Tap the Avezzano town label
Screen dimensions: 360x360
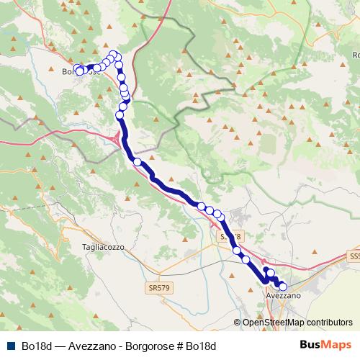pyautogui.click(x=283, y=295)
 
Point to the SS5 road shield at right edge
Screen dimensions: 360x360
pyautogui.click(x=354, y=256)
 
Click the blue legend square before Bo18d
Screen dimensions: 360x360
pyautogui.click(x=10, y=346)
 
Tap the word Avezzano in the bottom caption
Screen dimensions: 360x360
pyautogui.click(x=94, y=346)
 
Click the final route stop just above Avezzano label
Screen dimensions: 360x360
pyautogui.click(x=282, y=287)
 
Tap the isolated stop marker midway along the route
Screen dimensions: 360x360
pyautogui.click(x=137, y=162)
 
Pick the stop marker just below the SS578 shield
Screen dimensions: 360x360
pyautogui.click(x=237, y=251)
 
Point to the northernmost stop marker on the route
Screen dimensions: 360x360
pyautogui.click(x=112, y=54)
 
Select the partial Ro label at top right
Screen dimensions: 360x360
pyautogui.click(x=355, y=55)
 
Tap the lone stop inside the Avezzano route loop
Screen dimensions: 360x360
pyautogui.click(x=271, y=274)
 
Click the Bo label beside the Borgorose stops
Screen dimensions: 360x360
pyautogui.click(x=67, y=71)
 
